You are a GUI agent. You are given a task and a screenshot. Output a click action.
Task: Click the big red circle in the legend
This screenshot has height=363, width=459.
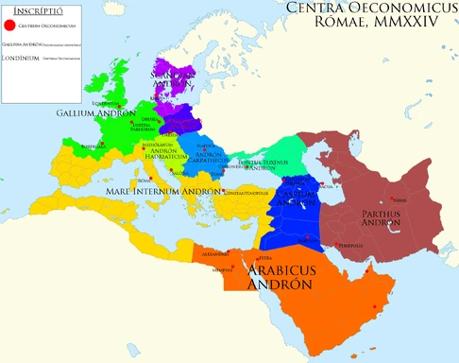[x=10, y=26]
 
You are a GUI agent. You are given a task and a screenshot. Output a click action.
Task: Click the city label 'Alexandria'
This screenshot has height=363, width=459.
[x=215, y=254]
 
